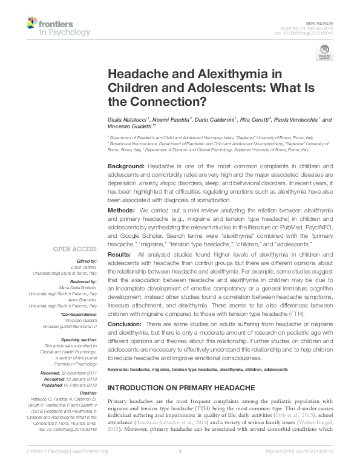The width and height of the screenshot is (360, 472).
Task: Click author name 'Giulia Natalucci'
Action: (128, 120)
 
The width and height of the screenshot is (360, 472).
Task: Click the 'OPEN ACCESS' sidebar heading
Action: (75, 249)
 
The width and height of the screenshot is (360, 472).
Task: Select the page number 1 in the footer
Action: (180, 467)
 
